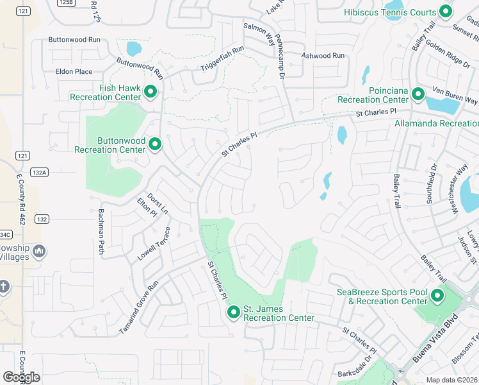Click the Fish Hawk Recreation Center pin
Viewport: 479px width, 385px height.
point(151,92)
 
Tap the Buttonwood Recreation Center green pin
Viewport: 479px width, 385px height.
point(155,144)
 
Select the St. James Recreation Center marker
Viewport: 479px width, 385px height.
point(234,312)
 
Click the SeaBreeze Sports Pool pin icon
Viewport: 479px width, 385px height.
point(437,296)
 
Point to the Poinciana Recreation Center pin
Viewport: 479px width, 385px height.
point(418,94)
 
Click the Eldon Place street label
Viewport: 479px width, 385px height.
point(74,72)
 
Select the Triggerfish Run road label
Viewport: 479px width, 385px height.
point(222,59)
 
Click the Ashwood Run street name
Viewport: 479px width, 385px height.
point(323,56)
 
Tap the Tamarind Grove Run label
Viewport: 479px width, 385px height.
point(138,309)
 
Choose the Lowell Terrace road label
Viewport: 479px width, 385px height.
point(154,244)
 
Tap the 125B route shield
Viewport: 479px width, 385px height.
point(64,3)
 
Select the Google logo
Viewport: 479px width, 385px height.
point(21,377)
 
